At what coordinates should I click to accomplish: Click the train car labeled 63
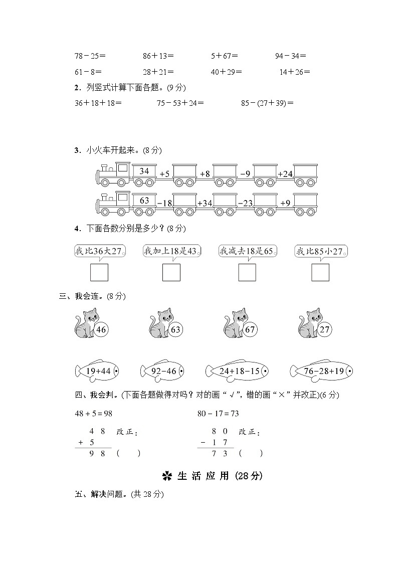[x=144, y=203]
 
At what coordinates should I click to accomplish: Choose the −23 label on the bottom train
[x=245, y=203]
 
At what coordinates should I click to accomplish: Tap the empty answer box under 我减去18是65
[x=247, y=272]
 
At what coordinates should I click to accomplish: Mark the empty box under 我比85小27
[x=320, y=272]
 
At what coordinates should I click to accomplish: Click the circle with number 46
[x=101, y=330]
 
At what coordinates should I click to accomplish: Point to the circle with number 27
[x=325, y=330]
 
